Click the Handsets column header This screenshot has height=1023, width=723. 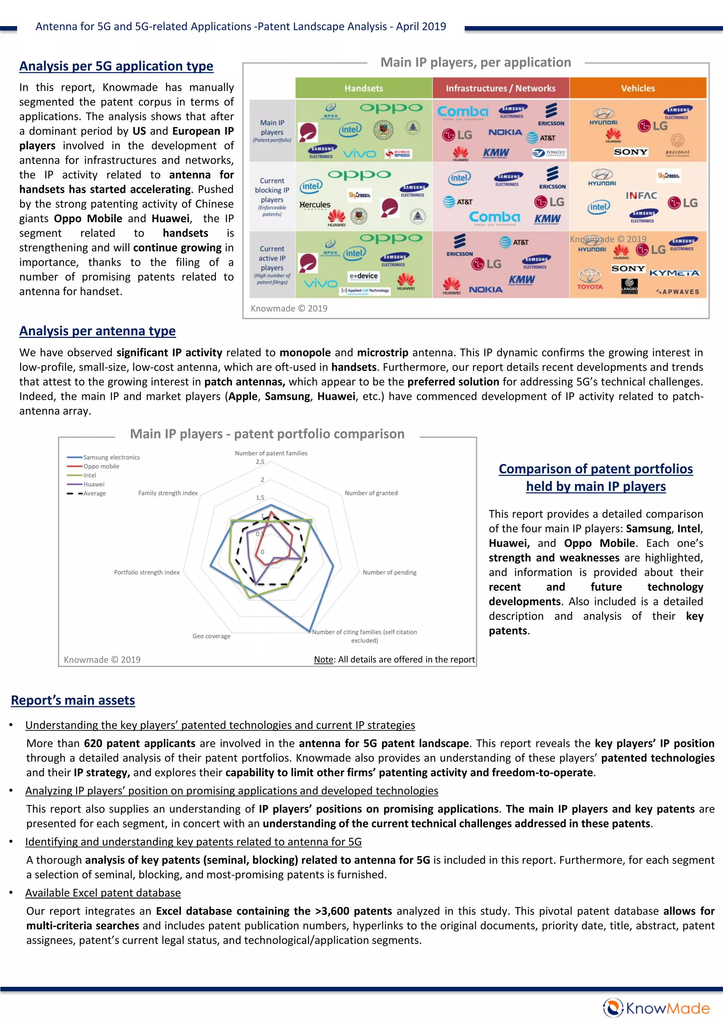[364, 88]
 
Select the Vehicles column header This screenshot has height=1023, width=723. [638, 88]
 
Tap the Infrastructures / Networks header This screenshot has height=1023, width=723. [501, 88]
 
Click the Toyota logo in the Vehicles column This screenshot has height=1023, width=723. [590, 279]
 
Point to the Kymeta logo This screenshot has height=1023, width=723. [674, 273]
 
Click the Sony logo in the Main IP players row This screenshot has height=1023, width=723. [631, 152]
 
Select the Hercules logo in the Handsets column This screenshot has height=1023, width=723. [315, 204]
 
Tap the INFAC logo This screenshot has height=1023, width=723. [641, 196]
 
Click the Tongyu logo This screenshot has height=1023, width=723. [549, 153]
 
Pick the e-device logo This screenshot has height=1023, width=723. [364, 276]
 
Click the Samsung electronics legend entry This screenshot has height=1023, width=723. [111, 457]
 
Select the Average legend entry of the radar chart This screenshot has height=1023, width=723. [95, 493]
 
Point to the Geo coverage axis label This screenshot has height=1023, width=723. [211, 636]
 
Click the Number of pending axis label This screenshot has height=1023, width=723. [389, 572]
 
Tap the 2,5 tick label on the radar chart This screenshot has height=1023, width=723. [260, 462]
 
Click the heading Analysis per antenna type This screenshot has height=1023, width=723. [97, 331]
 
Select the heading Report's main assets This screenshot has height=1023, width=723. [73, 700]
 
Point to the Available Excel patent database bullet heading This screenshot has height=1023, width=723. [103, 892]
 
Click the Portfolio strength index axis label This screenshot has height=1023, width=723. [147, 572]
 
